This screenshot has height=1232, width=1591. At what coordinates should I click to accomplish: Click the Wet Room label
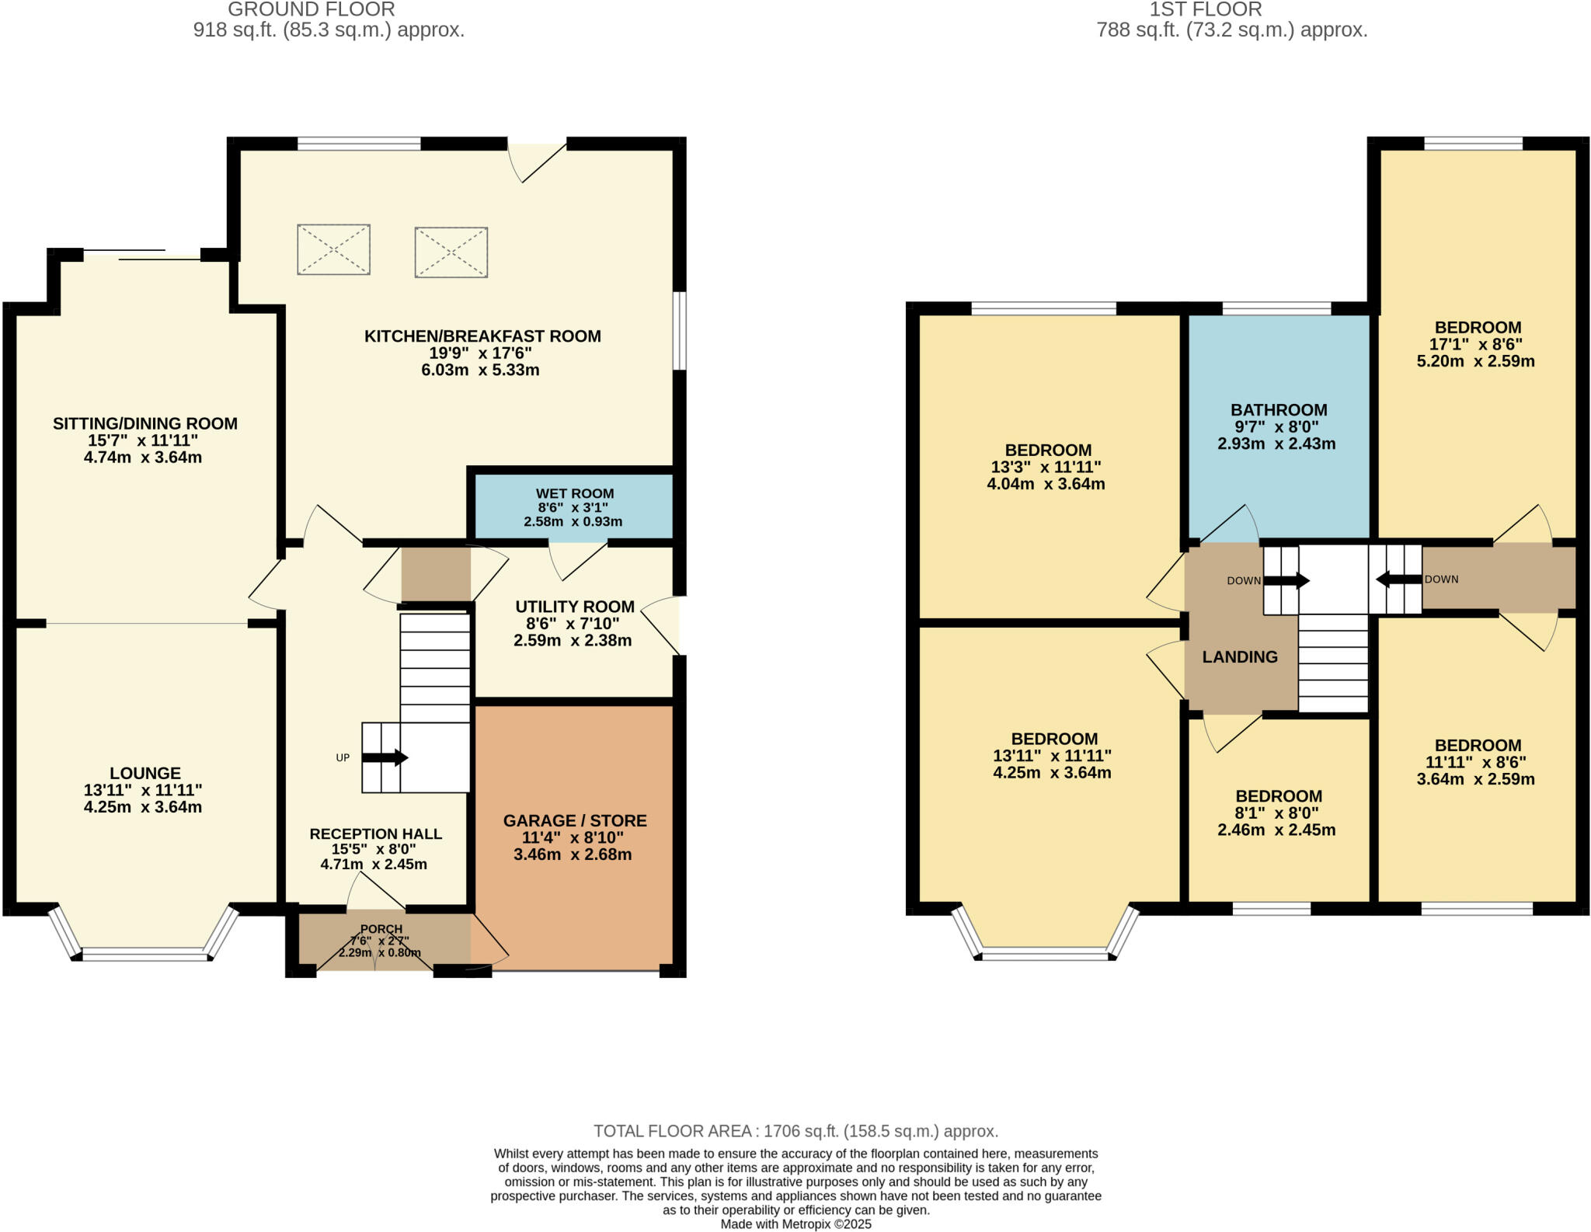point(574,494)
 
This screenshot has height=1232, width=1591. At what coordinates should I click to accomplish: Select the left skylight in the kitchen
point(333,249)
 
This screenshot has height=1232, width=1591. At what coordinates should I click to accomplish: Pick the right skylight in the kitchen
point(451,252)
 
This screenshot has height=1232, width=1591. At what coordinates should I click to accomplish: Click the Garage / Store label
point(574,821)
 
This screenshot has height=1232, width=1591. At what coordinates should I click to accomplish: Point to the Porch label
point(381,929)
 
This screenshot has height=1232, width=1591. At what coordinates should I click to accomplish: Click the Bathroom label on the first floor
point(1279,410)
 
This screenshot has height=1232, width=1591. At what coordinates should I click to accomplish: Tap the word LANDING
point(1240,657)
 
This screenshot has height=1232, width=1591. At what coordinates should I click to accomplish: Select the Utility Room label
point(574,607)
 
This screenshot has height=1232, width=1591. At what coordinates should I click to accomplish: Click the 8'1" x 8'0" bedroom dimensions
point(1277,813)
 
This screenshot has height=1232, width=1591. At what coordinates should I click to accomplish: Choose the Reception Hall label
point(375,834)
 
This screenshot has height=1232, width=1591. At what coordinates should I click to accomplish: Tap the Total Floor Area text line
point(795,1131)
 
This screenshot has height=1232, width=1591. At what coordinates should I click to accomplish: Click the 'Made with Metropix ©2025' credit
point(795,1224)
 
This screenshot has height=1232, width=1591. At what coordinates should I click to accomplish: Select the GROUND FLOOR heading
point(312,9)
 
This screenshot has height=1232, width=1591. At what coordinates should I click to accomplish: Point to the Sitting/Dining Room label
point(145,424)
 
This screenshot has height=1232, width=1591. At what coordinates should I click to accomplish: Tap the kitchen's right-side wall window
point(680,330)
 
